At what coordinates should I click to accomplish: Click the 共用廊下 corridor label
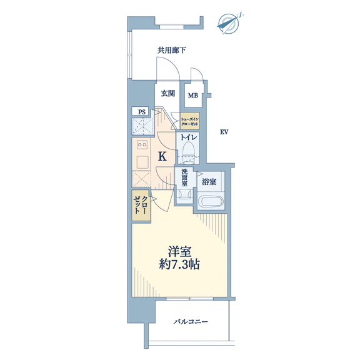(x=171, y=50)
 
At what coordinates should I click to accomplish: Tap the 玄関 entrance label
(x=168, y=93)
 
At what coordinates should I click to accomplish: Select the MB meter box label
(x=193, y=95)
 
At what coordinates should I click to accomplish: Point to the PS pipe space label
(x=142, y=112)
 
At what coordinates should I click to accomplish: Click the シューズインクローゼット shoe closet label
(x=189, y=121)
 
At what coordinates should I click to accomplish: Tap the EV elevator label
(x=224, y=132)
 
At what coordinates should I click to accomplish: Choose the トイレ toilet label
(x=189, y=137)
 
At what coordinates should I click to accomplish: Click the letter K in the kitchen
(x=162, y=157)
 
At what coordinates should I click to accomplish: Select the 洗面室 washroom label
(x=184, y=177)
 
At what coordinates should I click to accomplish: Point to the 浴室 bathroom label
(x=209, y=182)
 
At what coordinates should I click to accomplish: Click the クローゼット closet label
(x=141, y=205)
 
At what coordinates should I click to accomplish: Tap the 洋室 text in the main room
(x=180, y=251)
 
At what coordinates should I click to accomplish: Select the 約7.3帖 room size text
(x=179, y=265)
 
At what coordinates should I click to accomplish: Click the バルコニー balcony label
(x=191, y=321)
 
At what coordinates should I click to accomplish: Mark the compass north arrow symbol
(x=229, y=24)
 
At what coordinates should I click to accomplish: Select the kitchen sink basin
(x=142, y=162)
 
